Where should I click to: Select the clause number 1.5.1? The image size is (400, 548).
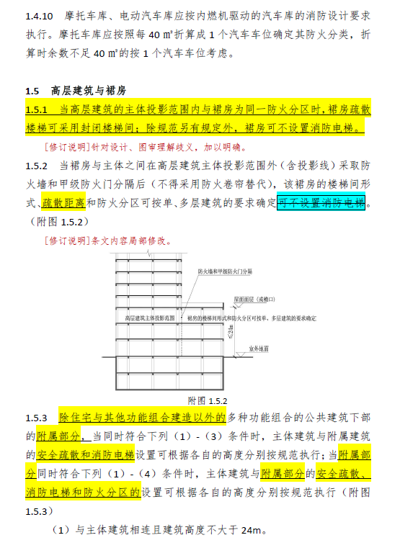(36, 109)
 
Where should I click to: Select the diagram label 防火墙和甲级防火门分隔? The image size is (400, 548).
(226, 272)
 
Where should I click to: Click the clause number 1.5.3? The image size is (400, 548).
(37, 418)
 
